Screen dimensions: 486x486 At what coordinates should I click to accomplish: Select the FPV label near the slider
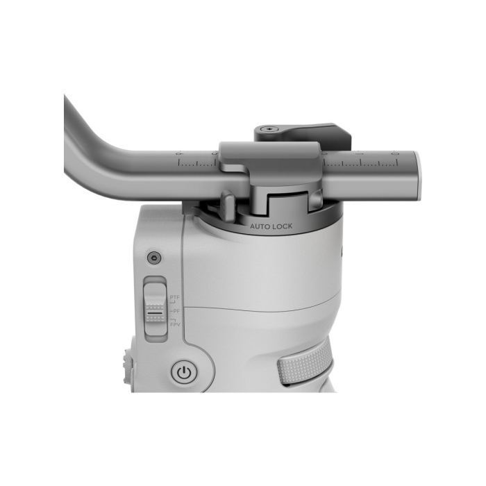coord(175,324)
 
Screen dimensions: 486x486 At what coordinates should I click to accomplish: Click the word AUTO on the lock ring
coord(262,226)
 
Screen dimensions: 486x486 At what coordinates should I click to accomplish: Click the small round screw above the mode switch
coord(154,258)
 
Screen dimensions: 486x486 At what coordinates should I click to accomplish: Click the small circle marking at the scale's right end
coord(394,153)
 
